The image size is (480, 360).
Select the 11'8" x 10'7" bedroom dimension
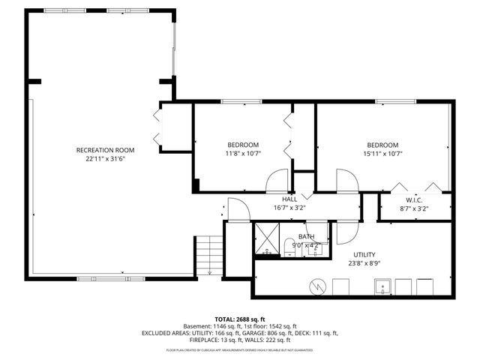click(243, 154)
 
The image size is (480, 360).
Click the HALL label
click(289, 199)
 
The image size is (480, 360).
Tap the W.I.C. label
click(415, 200)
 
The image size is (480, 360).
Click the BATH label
click(305, 236)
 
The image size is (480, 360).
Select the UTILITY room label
click(364, 254)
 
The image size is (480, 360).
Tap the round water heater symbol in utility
click(317, 286)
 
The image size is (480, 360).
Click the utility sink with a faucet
click(382, 286)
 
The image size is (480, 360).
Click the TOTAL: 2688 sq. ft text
click(241, 319)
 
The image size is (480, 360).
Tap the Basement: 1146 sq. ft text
click(214, 326)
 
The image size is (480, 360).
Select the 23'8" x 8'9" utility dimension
click(364, 263)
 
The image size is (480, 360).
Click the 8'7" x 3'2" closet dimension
click(415, 209)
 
